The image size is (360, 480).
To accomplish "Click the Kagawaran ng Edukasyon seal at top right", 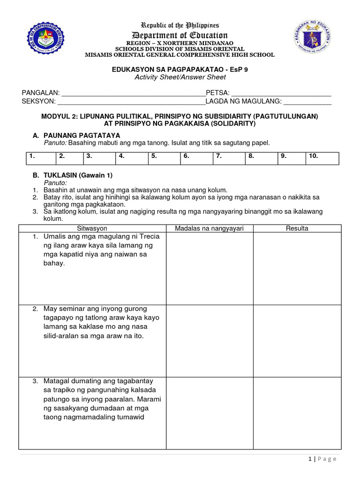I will pos(315,37).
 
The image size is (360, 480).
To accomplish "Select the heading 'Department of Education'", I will pos(180,36).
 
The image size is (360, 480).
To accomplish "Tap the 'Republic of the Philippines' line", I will pos(180,25).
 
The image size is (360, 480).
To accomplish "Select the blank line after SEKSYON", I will pos(131,101).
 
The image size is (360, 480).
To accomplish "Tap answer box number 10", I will pos(322,157).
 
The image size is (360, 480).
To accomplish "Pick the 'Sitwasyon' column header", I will pos(92,228).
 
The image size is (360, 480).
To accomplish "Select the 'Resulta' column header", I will pos(297,228).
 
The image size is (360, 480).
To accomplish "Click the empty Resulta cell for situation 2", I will pos(297,339).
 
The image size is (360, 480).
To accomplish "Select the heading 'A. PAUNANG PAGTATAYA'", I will pos(75,135).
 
